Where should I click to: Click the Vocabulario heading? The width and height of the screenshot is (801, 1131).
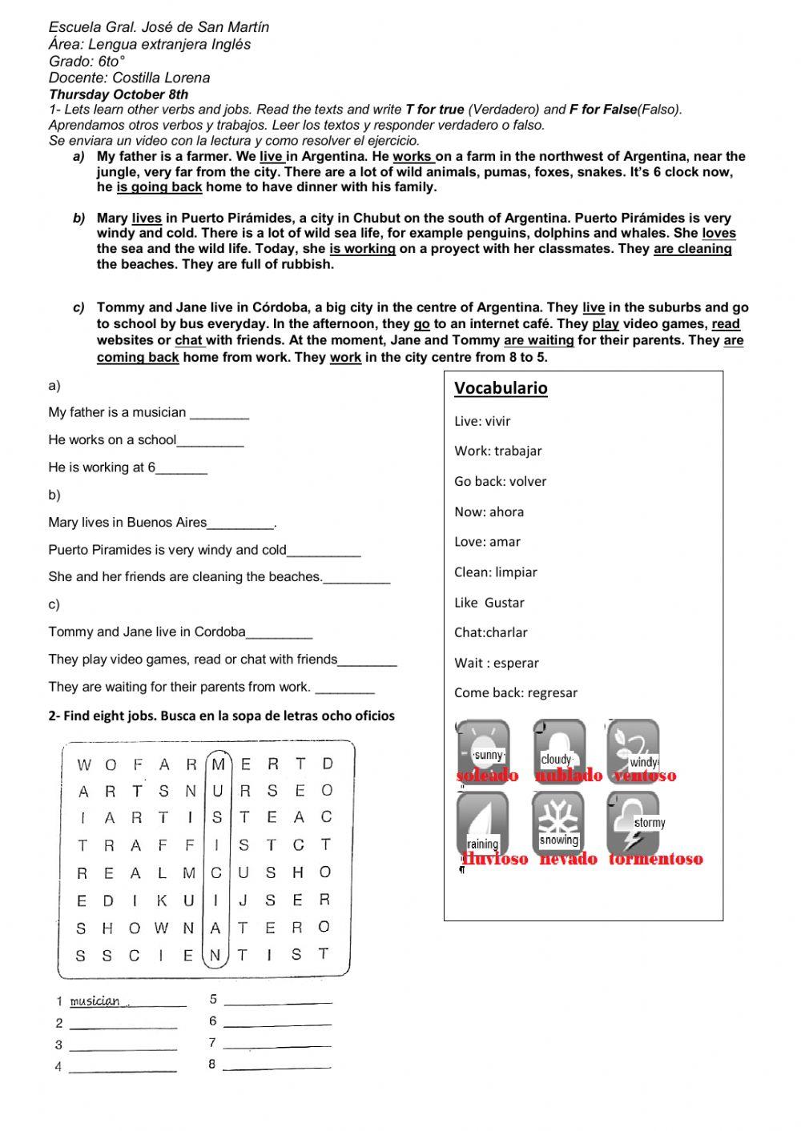[x=501, y=388]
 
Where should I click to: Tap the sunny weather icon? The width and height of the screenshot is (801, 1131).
[x=484, y=747]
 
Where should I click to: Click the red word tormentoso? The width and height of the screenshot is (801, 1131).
[x=655, y=860]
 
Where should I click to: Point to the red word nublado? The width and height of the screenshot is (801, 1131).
[x=568, y=776]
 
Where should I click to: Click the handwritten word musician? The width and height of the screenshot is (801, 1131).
[x=95, y=1001]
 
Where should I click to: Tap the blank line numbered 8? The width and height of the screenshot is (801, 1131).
[x=276, y=1065]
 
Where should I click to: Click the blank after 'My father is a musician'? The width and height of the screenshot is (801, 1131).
[x=219, y=415]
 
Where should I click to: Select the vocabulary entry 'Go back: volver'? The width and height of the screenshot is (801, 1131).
[x=500, y=481]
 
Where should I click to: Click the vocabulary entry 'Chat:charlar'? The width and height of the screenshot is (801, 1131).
[x=490, y=632]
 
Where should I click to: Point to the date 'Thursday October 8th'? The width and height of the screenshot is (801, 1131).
[x=119, y=94]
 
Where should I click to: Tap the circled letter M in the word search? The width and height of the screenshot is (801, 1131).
[x=218, y=764]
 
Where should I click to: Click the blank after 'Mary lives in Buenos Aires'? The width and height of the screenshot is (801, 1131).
[x=240, y=525]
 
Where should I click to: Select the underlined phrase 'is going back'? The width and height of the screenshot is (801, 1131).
[x=159, y=187]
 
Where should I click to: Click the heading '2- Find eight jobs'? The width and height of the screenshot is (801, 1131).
[x=221, y=716]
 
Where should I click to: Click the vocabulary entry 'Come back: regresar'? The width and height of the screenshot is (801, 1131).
[x=515, y=693]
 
